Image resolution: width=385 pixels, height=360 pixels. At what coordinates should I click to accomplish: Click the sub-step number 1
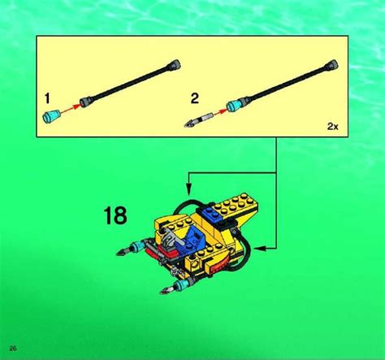click(47, 98)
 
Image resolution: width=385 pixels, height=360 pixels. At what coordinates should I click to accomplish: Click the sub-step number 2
click(195, 98)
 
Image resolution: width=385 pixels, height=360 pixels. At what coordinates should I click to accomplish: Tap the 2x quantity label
click(332, 126)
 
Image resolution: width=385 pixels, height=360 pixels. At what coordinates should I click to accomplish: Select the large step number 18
click(115, 215)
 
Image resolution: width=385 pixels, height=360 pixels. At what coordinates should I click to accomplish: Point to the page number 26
click(13, 348)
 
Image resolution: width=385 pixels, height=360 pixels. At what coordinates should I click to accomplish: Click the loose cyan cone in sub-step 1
click(51, 116)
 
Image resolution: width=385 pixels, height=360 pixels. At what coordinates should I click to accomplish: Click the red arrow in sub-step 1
click(70, 108)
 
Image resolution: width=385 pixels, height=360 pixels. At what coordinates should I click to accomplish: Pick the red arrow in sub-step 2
click(218, 112)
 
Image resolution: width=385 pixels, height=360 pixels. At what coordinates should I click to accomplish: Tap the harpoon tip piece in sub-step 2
click(198, 120)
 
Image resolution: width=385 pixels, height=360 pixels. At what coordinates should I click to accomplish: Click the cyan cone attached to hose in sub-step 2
click(235, 106)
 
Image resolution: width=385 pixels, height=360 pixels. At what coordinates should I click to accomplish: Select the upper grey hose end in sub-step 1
click(175, 64)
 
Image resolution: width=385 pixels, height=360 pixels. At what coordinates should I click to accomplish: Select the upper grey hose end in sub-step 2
click(332, 65)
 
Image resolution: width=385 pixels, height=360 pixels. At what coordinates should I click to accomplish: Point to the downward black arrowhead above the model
click(188, 189)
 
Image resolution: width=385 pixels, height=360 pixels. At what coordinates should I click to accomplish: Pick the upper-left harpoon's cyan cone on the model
click(138, 245)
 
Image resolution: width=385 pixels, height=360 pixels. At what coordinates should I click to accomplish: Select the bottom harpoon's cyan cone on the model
click(182, 284)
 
